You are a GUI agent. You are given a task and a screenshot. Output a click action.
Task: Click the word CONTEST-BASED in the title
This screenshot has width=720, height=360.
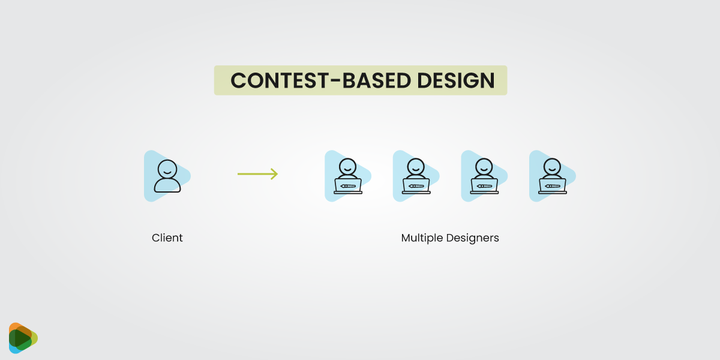319,81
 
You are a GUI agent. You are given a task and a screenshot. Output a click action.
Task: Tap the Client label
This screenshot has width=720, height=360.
167,238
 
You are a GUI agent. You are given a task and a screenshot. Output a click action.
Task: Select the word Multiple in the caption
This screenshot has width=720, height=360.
422,238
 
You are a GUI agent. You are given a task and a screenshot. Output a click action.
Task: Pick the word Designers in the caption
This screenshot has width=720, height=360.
472,238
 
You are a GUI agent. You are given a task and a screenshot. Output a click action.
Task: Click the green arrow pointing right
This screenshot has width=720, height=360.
257,174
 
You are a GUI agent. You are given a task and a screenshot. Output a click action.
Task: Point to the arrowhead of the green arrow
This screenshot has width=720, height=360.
275,174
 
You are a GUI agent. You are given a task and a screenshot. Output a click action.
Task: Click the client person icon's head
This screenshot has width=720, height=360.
167,168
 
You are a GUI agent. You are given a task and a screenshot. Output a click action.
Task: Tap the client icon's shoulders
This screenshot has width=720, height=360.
167,185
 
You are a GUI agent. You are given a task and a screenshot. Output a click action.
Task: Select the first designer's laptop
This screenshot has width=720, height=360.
348,185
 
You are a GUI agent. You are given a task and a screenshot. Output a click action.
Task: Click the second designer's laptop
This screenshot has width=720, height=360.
416,185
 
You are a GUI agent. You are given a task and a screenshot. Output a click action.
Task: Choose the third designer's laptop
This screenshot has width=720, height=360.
484,185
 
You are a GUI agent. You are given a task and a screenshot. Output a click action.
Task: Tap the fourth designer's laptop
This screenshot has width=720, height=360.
553,185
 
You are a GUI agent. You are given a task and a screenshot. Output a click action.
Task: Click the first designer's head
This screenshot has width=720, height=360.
347,166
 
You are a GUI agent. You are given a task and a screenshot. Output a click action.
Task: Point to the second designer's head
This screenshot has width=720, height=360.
416,166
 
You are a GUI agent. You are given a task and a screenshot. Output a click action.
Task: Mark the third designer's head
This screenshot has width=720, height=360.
484,166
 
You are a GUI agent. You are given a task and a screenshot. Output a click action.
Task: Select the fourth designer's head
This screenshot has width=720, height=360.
552,166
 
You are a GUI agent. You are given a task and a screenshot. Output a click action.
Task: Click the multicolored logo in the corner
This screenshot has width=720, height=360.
23,338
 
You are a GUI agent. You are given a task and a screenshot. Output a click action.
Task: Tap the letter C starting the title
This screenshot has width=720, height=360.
238,81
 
